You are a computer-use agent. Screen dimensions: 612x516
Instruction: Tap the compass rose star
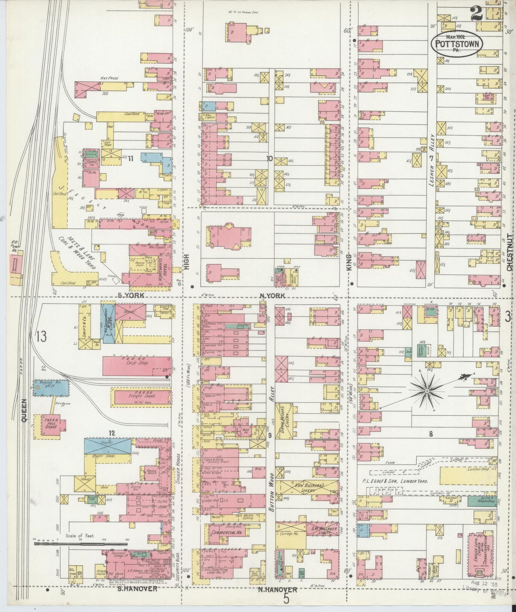pyautogui.click(x=427, y=392)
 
